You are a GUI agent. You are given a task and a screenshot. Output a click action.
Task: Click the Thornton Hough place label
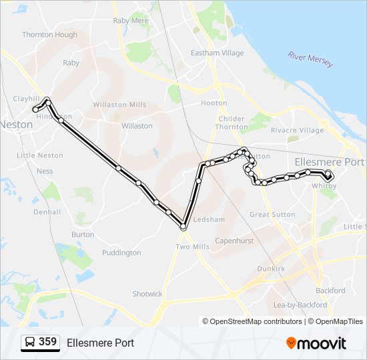click(x=49, y=35)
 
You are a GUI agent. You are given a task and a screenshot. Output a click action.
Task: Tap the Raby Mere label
click(x=131, y=21)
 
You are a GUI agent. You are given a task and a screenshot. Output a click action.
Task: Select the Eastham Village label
click(x=218, y=53)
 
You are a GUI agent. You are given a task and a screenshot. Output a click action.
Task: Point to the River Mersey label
click(x=311, y=59)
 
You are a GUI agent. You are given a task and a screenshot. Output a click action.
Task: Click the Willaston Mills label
click(x=119, y=105)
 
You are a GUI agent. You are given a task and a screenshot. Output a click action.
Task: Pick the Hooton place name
click(x=214, y=103)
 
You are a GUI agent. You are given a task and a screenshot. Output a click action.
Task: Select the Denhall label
click(x=47, y=212)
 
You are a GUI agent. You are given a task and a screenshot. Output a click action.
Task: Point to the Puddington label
click(x=121, y=253)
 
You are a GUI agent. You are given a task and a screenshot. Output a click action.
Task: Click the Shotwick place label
click(x=147, y=294)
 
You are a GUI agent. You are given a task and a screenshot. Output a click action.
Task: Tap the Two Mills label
click(x=192, y=247)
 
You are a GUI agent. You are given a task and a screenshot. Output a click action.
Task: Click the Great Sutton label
click(x=272, y=215)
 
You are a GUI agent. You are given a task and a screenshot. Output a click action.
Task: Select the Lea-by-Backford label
click(x=300, y=305)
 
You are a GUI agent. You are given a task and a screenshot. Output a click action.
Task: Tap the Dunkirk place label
click(x=271, y=269)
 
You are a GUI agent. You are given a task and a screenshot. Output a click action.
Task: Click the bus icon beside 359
click(x=30, y=343)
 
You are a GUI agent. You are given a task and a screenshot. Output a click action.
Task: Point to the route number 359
click(x=48, y=342)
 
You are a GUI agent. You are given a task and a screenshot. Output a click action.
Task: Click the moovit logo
click(x=316, y=343)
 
